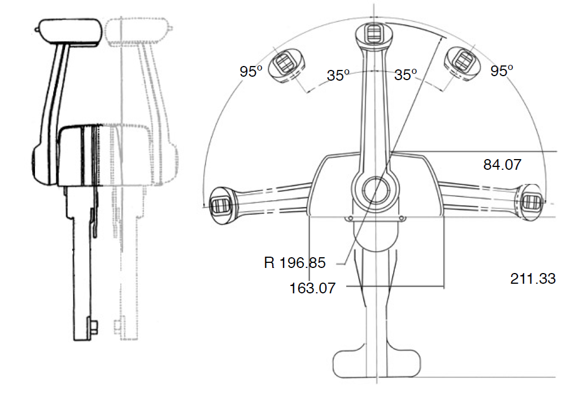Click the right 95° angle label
(502, 71)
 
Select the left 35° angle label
(338, 76)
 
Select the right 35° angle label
(406, 74)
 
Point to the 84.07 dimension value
(502, 165)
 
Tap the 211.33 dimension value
(533, 278)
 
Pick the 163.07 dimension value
(312, 288)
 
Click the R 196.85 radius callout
(295, 263)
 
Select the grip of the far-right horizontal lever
(532, 200)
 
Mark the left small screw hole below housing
(350, 219)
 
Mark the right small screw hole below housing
(402, 219)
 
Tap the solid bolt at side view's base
(93, 327)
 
